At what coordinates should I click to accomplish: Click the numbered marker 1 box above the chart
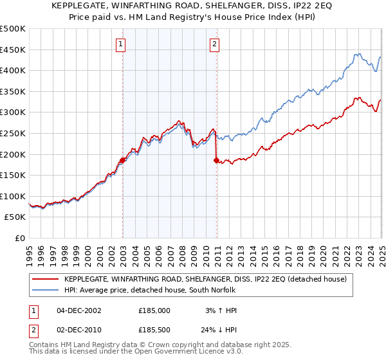[x=121, y=44]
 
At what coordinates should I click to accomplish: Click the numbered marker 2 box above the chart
[x=214, y=44]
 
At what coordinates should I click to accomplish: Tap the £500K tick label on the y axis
[x=13, y=29]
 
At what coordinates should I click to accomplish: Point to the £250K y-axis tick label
[x=13, y=133]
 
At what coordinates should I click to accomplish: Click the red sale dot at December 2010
[x=216, y=161]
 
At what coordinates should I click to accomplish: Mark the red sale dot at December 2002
[x=122, y=161]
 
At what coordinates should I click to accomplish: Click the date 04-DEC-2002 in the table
[x=78, y=310]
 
